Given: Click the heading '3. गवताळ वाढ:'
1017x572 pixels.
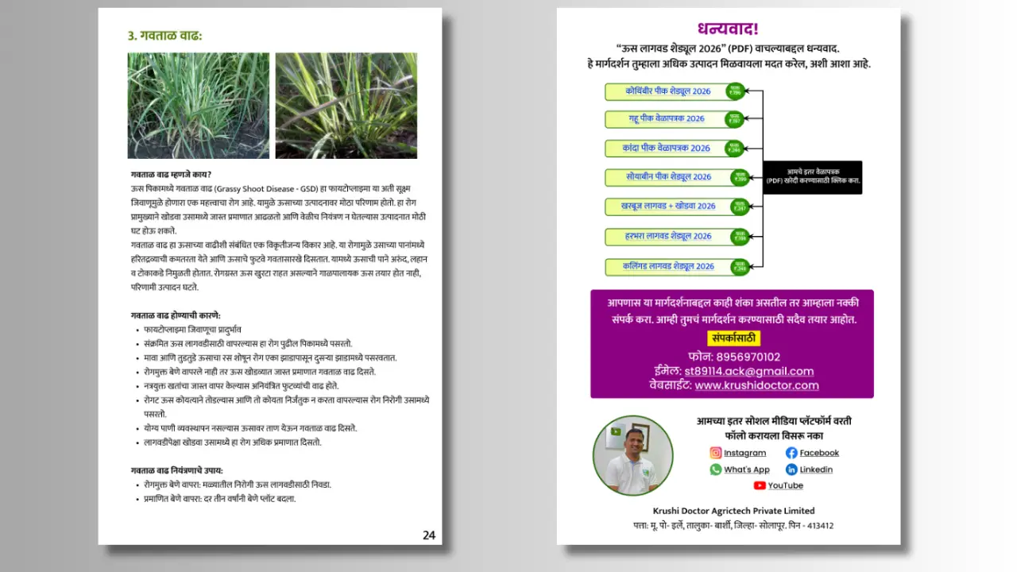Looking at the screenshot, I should click(x=165, y=36).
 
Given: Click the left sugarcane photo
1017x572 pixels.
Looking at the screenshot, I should click(x=198, y=106).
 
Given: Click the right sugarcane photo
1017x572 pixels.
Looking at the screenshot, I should click(x=346, y=106).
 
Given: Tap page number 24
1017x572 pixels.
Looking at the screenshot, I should click(x=429, y=535).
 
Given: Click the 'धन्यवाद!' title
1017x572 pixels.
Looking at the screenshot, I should click(x=728, y=29).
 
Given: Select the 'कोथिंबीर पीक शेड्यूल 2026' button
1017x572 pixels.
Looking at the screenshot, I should click(x=667, y=91).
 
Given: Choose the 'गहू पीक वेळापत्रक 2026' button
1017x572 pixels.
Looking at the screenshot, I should click(x=667, y=119).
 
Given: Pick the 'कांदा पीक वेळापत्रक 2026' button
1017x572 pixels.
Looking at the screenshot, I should click(x=667, y=148).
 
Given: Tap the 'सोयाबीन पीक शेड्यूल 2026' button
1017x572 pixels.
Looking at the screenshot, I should click(x=667, y=176).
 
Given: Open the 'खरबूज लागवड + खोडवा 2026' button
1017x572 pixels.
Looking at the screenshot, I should click(x=667, y=206).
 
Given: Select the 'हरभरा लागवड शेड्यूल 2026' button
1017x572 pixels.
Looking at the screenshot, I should click(x=667, y=236).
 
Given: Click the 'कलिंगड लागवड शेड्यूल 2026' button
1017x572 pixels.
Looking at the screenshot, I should click(x=667, y=266).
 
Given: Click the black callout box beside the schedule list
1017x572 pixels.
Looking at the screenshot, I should click(x=812, y=176).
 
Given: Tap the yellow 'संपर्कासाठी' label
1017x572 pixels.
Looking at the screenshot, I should click(x=733, y=338).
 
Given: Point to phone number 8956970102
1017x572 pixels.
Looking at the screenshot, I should click(x=747, y=357).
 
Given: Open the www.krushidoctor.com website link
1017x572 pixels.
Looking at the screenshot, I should click(x=756, y=385).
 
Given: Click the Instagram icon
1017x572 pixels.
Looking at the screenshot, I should click(x=716, y=453).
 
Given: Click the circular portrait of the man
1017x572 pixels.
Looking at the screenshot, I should click(x=632, y=455).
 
